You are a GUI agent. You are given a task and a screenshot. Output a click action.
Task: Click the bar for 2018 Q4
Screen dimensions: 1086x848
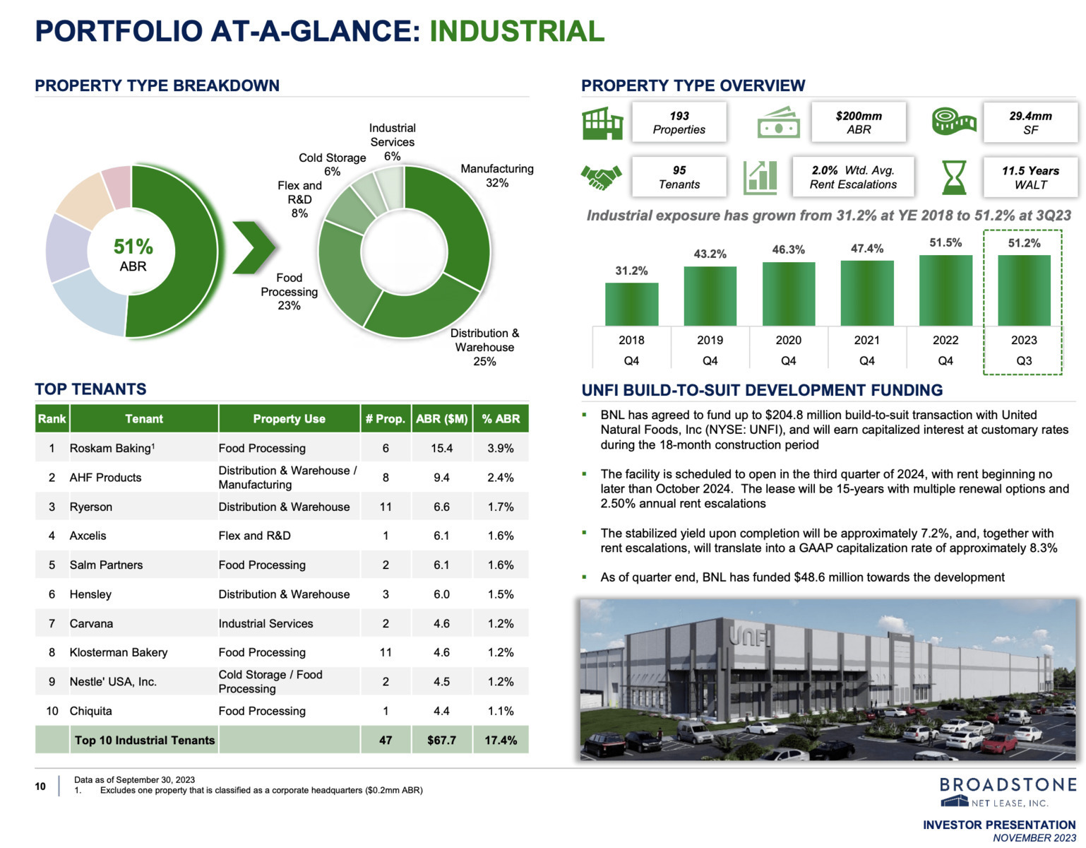tap(631, 304)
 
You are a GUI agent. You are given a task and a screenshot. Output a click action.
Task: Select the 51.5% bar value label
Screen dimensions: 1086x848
tap(945, 242)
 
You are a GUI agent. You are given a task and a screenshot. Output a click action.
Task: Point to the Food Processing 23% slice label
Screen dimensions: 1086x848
tap(289, 291)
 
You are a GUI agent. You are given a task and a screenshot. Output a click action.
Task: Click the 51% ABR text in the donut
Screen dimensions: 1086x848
tap(133, 254)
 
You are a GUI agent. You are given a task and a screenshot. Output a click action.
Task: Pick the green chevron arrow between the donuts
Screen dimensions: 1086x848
tap(254, 247)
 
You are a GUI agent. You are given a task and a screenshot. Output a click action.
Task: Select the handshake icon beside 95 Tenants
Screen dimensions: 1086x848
tap(601, 177)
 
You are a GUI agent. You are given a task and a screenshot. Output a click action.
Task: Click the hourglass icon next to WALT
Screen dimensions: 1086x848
tap(953, 177)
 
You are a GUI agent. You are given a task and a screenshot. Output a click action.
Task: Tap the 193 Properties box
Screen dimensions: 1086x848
tap(679, 122)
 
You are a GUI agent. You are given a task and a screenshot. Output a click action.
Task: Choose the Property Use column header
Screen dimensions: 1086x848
tap(289, 418)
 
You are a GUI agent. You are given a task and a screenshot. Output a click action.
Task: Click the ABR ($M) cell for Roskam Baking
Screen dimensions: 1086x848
tap(442, 448)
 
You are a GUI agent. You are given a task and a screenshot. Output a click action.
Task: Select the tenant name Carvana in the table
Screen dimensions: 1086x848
tap(92, 623)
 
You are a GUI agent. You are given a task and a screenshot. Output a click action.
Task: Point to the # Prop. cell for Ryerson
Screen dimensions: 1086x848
tap(386, 507)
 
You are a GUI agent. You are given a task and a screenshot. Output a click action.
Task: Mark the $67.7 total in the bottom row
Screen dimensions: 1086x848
tap(442, 740)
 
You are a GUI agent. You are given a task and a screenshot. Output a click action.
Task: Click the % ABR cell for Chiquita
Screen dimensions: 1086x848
tap(501, 711)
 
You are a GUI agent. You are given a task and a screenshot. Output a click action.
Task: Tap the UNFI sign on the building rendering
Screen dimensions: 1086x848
tap(750, 637)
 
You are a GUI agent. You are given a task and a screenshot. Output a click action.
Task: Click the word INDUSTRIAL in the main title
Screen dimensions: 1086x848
tap(517, 31)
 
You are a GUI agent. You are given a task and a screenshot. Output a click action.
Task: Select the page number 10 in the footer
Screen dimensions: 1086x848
tap(40, 786)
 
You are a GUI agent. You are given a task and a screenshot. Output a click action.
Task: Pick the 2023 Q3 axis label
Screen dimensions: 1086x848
tap(1024, 350)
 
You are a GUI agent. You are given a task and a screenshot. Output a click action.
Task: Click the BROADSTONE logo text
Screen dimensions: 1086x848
tap(1008, 784)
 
